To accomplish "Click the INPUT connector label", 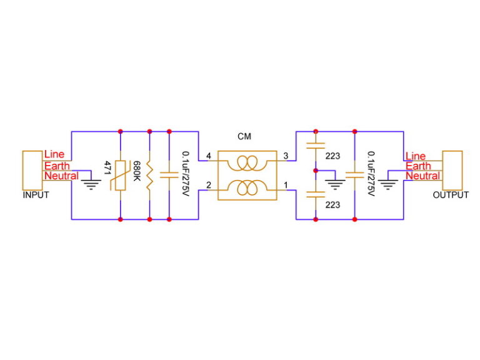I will (x=36, y=195).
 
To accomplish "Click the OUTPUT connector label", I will (x=451, y=195).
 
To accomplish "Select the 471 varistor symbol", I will (x=119, y=176).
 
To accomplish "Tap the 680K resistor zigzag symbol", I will (x=149, y=176).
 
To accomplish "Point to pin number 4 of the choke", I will (x=207, y=156).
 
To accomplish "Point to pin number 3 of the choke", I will (x=285, y=156).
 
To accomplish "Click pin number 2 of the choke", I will (x=207, y=185).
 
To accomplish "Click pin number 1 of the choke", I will (x=285, y=185).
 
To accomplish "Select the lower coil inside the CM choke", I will (x=246, y=187).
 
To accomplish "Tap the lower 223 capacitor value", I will (x=332, y=204).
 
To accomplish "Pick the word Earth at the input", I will (x=57, y=166).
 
